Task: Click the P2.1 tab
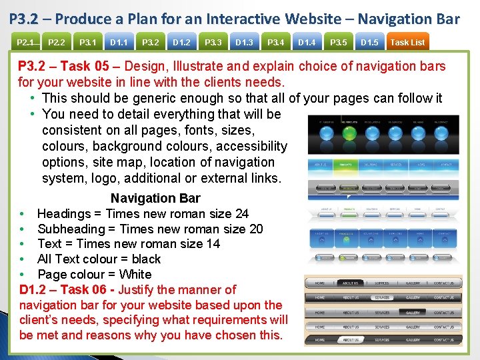pyautogui.click(x=25, y=43)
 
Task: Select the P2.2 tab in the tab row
pyautogui.click(x=57, y=43)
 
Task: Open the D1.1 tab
pyautogui.click(x=119, y=43)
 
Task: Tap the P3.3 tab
pyautogui.click(x=213, y=43)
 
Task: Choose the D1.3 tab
pyautogui.click(x=245, y=43)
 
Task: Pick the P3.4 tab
pyautogui.click(x=275, y=43)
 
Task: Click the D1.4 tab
pyautogui.click(x=307, y=43)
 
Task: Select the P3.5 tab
pyautogui.click(x=338, y=43)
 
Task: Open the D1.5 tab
pyautogui.click(x=369, y=43)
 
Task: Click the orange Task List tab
pyautogui.click(x=407, y=43)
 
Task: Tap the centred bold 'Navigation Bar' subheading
pyautogui.click(x=155, y=198)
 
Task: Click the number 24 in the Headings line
pyautogui.click(x=241, y=213)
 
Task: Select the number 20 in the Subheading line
pyautogui.click(x=255, y=229)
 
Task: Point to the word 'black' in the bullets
pyautogui.click(x=146, y=259)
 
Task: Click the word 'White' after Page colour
pyautogui.click(x=135, y=274)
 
